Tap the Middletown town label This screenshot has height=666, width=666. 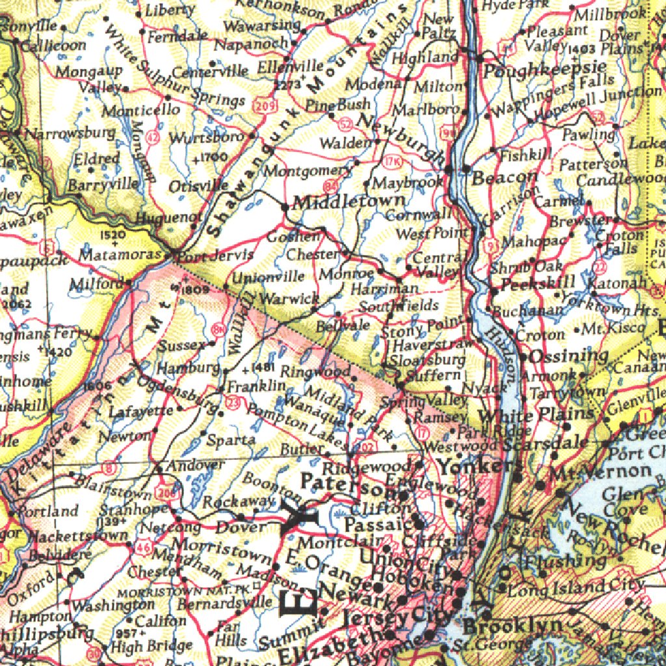point(350,202)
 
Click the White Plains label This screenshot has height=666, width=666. point(527,414)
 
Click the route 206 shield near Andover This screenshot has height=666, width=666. point(168,494)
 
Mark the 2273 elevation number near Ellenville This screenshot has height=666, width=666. point(287,84)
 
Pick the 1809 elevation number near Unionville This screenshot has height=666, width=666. point(195,290)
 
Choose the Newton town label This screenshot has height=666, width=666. point(124,436)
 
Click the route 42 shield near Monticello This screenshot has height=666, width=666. point(153,137)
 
